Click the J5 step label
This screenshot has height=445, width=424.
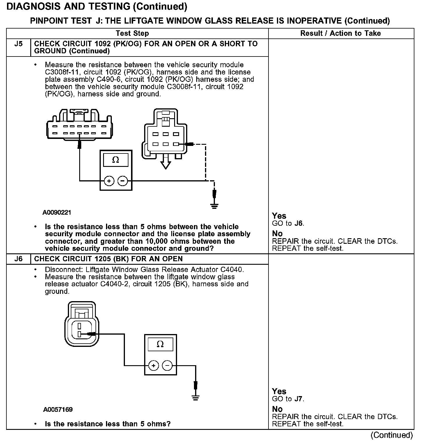(x=18, y=44)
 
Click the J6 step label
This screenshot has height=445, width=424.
(x=18, y=259)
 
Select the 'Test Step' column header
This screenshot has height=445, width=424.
(x=132, y=33)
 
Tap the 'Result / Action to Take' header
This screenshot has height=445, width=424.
(x=340, y=33)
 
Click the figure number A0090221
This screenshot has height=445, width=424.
(x=57, y=213)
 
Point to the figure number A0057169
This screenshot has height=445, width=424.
(x=58, y=410)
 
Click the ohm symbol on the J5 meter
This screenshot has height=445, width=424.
(x=116, y=160)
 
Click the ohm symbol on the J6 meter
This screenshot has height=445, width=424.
(x=160, y=344)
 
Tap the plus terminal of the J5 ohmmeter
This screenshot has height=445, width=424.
(x=109, y=181)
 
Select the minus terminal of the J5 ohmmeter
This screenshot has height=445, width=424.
(x=123, y=181)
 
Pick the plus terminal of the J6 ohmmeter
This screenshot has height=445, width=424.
(x=153, y=365)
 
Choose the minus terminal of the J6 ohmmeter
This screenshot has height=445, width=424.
(x=167, y=365)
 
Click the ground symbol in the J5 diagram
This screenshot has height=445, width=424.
(x=214, y=206)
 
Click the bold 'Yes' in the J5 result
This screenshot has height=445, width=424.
(x=279, y=216)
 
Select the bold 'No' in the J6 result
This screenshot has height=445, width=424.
(x=277, y=409)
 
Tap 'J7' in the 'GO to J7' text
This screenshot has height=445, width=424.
(x=299, y=399)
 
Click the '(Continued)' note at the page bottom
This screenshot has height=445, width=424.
(x=392, y=435)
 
